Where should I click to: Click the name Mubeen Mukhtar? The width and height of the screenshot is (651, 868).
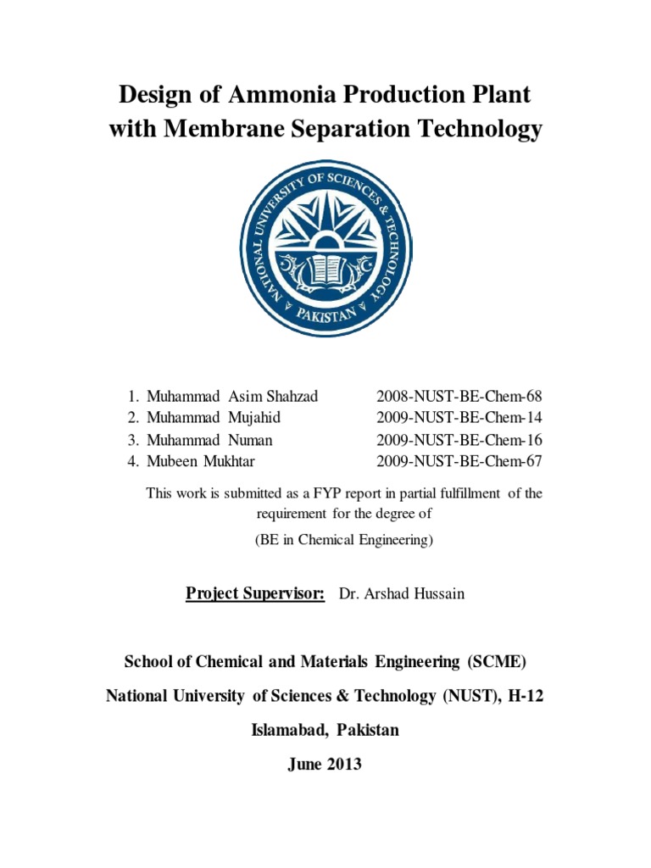(x=201, y=462)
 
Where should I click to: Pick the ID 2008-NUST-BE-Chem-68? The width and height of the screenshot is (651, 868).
(x=459, y=396)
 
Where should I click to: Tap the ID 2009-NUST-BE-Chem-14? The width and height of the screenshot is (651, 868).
(x=459, y=418)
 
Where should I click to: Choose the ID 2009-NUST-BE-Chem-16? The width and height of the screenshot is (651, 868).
(x=459, y=440)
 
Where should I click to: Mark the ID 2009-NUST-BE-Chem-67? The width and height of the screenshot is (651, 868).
(x=459, y=462)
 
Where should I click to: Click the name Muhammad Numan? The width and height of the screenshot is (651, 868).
(x=209, y=440)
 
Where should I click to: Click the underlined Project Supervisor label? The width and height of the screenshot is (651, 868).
(x=255, y=593)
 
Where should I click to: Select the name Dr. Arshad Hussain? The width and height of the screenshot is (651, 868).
(x=402, y=593)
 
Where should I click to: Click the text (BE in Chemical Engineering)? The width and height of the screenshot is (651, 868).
(x=344, y=540)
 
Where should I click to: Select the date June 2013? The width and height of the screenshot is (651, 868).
(x=325, y=764)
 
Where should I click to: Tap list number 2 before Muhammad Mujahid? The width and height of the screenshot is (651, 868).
(x=132, y=418)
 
